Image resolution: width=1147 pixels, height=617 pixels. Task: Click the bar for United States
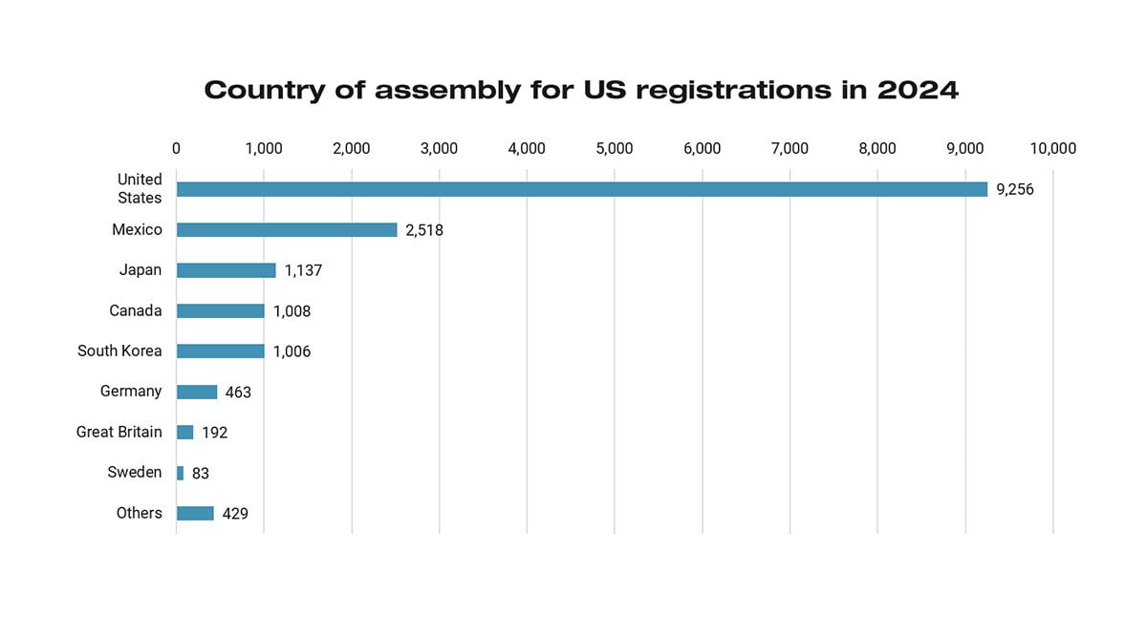581,189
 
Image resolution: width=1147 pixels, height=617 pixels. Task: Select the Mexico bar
287,230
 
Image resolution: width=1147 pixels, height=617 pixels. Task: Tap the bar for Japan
226,270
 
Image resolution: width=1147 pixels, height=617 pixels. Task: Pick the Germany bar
197,392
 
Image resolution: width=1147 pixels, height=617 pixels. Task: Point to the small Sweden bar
180,473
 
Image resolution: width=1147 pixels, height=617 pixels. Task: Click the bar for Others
195,513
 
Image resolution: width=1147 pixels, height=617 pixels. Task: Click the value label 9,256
1015,189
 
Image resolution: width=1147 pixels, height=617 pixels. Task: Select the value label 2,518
424,230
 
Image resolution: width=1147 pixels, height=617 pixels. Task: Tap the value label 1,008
292,311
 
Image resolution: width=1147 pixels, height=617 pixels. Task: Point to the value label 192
214,433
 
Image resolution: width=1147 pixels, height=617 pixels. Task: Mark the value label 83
200,473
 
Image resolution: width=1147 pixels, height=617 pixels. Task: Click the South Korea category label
119,351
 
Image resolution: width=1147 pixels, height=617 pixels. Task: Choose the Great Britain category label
119,432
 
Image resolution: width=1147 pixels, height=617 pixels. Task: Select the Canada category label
135,310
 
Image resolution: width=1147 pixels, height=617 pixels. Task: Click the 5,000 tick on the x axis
615,148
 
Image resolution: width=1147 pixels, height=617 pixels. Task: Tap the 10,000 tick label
1052,148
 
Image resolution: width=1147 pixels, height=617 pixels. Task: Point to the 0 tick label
176,148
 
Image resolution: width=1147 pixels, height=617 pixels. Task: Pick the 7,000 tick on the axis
790,148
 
